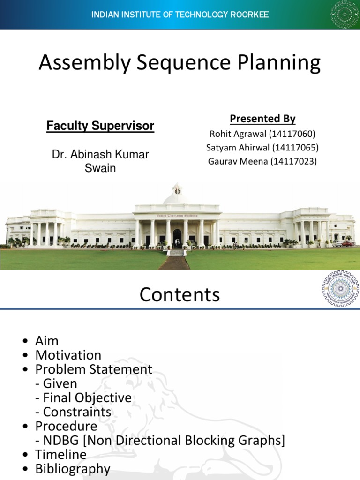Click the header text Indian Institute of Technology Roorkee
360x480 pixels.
click(180, 15)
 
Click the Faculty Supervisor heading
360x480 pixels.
click(100, 126)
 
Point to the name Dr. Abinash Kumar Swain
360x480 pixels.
click(100, 161)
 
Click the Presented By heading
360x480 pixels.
click(262, 119)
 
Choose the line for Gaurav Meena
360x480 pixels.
click(262, 162)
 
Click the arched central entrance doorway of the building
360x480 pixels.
click(177, 238)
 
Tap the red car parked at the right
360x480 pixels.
click(347, 243)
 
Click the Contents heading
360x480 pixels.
click(180, 295)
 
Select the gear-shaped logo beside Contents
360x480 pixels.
click(340, 288)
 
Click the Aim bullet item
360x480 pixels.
click(47, 341)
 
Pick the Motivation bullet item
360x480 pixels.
click(68, 355)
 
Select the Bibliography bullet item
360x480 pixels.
click(73, 469)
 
